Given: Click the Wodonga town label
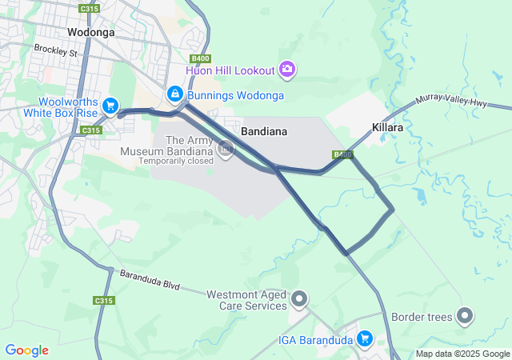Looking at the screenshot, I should tap(91, 33).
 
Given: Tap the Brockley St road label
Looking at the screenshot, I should tap(55, 50).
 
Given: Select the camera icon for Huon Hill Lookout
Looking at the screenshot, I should tap(287, 70).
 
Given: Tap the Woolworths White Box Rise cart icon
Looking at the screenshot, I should tap(110, 106).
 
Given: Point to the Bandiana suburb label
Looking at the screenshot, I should tap(264, 130).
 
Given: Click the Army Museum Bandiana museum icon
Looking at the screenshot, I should tap(226, 148).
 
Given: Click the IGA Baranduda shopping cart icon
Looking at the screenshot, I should tap(365, 339).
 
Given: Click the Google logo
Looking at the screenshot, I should tap(26, 350).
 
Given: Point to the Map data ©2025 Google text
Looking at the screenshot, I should tap(462, 354).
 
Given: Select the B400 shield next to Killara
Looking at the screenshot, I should tap(342, 154).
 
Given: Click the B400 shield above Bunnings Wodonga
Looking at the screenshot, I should tap(200, 58).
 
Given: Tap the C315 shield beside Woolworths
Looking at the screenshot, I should tap(92, 130).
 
